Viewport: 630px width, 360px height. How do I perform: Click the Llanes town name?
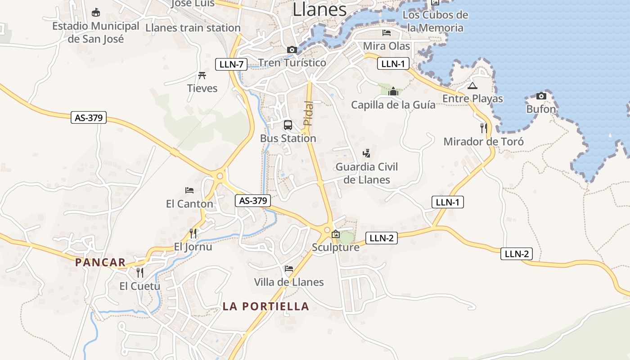319,9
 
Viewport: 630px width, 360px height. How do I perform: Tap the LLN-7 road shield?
231,64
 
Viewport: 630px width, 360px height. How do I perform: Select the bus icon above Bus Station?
288,125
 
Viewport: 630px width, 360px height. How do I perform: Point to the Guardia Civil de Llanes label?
367,173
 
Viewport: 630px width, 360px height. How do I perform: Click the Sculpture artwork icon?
335,234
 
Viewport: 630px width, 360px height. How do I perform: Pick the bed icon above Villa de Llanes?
289,269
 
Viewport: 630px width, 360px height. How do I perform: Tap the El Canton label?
189,204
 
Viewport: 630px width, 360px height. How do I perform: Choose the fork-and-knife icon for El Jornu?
193,233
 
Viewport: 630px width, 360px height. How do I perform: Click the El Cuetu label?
139,286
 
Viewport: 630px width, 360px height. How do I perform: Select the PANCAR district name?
100,262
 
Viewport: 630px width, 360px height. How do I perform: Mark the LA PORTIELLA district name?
266,306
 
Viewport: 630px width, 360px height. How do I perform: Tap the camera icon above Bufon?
541,96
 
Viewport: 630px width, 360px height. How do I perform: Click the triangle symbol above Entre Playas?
472,85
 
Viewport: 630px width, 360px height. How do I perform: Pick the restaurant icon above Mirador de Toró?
484,128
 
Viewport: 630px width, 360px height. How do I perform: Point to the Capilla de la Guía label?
393,105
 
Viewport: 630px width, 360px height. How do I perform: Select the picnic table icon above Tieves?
202,75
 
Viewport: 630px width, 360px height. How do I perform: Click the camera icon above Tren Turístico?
292,49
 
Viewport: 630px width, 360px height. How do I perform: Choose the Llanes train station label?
193,28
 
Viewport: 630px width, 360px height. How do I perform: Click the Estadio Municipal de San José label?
95,32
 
